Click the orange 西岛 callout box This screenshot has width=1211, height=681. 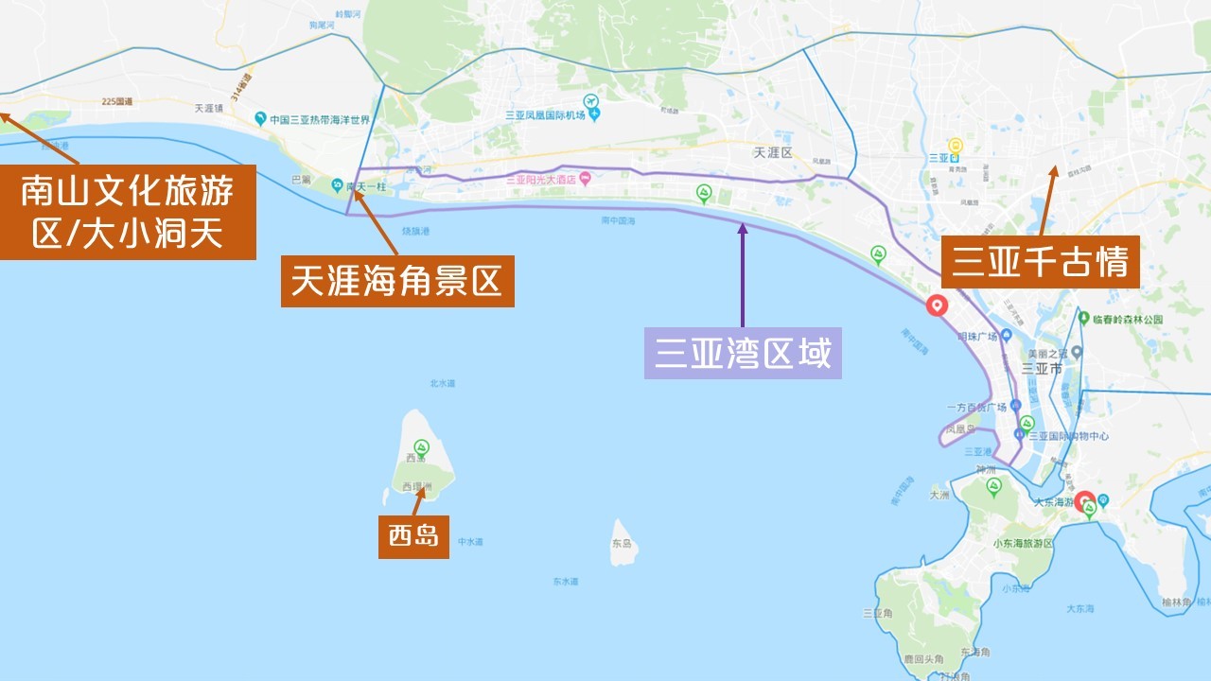(413, 536)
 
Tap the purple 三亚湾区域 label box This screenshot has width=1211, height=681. (743, 353)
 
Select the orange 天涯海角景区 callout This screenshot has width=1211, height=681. (397, 281)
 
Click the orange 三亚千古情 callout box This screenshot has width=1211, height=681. (1040, 262)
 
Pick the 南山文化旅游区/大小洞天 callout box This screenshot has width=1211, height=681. (128, 212)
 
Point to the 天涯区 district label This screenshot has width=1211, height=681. (772, 152)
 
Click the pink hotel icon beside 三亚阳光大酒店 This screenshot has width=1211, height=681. (586, 178)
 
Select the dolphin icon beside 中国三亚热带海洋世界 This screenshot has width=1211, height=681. (260, 119)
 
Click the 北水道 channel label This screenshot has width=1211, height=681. (443, 384)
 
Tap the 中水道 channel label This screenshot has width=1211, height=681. (470, 542)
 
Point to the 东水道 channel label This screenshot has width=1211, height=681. (565, 582)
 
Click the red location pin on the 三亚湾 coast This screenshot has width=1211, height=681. (937, 306)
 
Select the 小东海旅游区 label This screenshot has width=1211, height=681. (1024, 544)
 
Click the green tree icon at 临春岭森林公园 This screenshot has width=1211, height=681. (1083, 320)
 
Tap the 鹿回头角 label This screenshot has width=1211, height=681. (919, 658)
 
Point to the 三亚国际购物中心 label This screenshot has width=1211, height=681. (1068, 436)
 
